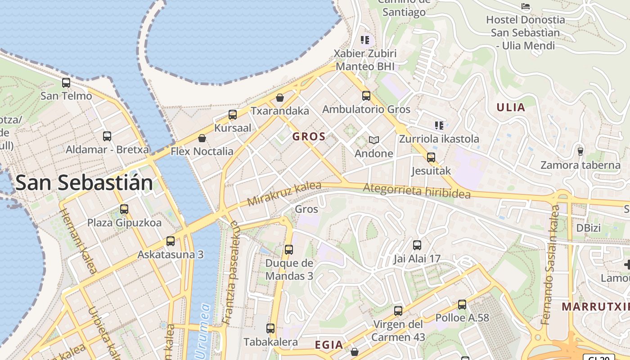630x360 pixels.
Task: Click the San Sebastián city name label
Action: [84, 183]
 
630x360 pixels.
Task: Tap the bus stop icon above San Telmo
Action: [66, 83]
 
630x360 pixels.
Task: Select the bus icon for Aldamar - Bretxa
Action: [107, 136]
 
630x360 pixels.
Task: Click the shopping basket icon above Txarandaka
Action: [280, 98]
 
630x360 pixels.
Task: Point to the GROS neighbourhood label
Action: [309, 137]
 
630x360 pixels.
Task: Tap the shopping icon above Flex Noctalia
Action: [202, 138]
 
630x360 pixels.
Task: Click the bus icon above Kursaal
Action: [233, 115]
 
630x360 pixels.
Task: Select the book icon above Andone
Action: [374, 140]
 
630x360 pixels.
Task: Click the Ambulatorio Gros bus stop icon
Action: [366, 96]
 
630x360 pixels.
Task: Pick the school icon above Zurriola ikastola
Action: [439, 125]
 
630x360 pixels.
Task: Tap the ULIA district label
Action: [511, 107]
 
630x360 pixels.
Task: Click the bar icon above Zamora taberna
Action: [580, 151]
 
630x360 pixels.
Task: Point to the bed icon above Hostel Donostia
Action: [526, 6]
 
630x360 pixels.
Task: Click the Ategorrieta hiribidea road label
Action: [417, 191]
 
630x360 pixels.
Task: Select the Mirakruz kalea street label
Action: [284, 194]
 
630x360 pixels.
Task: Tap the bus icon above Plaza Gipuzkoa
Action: [124, 209]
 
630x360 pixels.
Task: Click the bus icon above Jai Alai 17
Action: [417, 245]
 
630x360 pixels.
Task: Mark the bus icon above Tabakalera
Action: [270, 328]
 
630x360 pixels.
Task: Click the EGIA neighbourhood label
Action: [328, 345]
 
